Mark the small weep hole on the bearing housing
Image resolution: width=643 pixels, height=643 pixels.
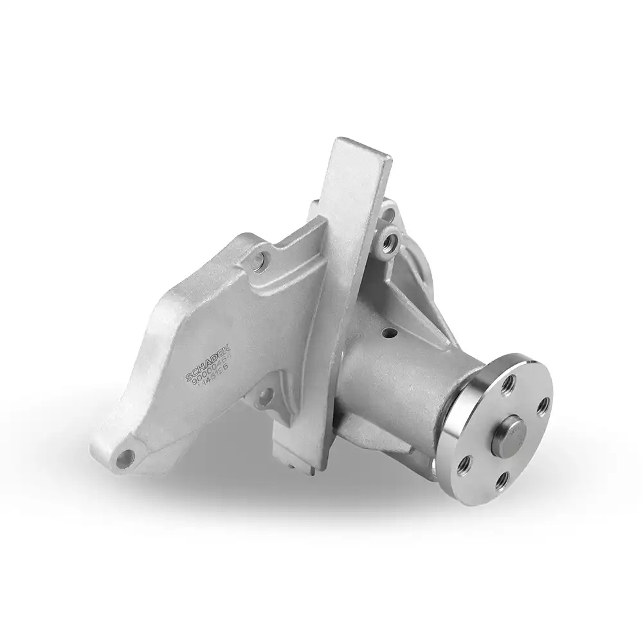coord(389,334)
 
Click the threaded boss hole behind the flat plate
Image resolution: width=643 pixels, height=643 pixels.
coord(388,242)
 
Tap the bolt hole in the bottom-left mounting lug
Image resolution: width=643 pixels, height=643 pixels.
coord(125,458)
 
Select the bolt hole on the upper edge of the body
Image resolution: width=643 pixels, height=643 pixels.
coord(258,260)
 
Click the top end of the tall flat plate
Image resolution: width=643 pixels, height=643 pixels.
coord(363,149)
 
